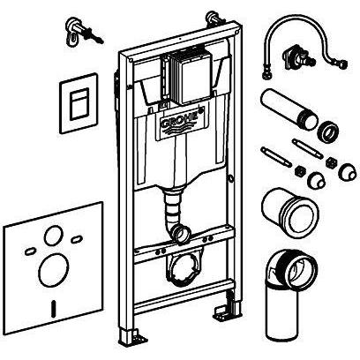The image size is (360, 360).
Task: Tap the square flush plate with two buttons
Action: tap(79, 103)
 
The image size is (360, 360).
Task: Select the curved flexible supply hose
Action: tap(306, 44)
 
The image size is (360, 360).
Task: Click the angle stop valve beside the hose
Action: tap(298, 57)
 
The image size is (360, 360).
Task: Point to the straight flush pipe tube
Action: tap(289, 109)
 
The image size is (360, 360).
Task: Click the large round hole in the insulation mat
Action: tap(54, 270)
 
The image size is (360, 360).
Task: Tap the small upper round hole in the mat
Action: tap(54, 236)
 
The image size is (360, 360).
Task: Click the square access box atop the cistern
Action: tap(187, 78)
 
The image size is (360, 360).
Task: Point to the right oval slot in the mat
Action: tap(76, 239)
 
